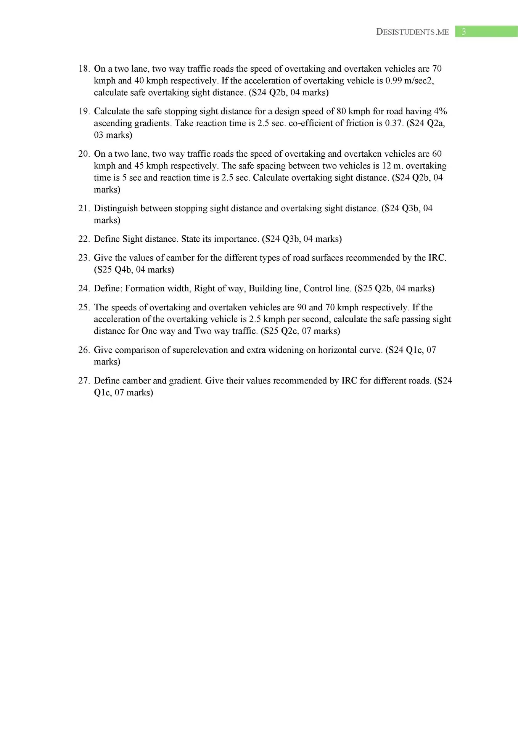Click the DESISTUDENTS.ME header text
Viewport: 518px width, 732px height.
click(x=412, y=32)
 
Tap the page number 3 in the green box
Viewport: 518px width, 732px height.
click(x=463, y=32)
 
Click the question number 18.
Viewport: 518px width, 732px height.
click(x=84, y=69)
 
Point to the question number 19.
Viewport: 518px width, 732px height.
click(x=84, y=111)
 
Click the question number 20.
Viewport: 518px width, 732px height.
click(x=84, y=154)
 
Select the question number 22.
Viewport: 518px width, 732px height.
click(x=84, y=239)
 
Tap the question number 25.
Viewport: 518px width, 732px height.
click(x=84, y=308)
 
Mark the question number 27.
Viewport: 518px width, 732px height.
click(x=84, y=381)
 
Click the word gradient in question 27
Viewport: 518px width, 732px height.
click(x=185, y=381)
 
